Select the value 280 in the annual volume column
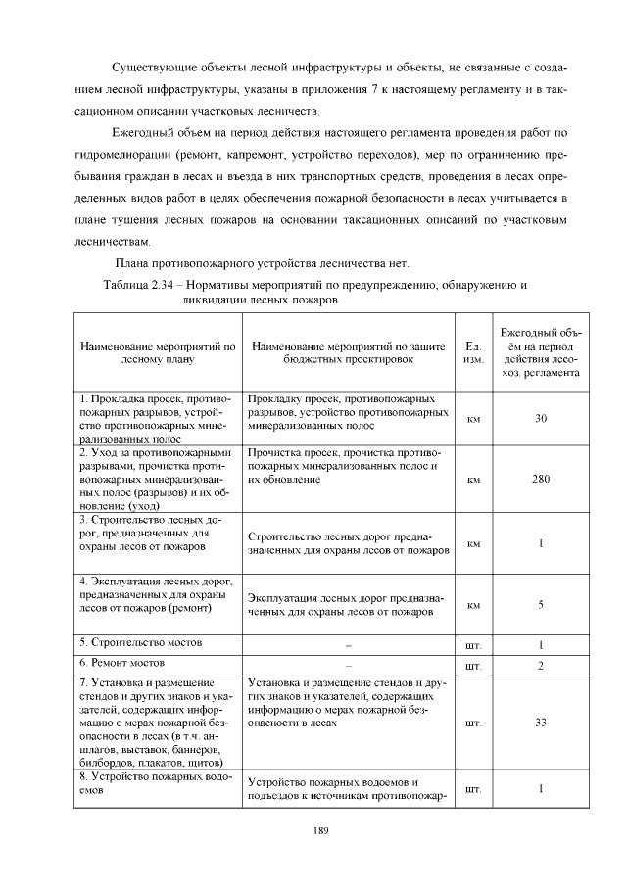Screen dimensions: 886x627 coord(541,480)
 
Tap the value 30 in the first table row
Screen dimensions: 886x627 coord(541,419)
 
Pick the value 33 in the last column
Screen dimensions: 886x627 coord(541,723)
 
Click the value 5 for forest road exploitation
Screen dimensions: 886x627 coord(541,604)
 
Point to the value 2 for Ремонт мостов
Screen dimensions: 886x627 coord(541,666)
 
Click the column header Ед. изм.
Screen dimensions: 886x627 coord(473,352)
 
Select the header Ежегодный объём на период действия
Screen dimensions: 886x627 coord(541,352)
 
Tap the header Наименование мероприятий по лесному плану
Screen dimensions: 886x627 coord(158,352)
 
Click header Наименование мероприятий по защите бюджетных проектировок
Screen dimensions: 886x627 coord(349,352)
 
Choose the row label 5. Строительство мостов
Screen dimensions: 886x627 coord(140,643)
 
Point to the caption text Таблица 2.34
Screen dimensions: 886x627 coord(139,285)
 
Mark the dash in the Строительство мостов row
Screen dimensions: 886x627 coord(349,646)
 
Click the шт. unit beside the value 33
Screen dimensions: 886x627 coord(473,724)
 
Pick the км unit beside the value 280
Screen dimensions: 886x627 coord(473,481)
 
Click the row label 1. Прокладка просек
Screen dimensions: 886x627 coord(154,399)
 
